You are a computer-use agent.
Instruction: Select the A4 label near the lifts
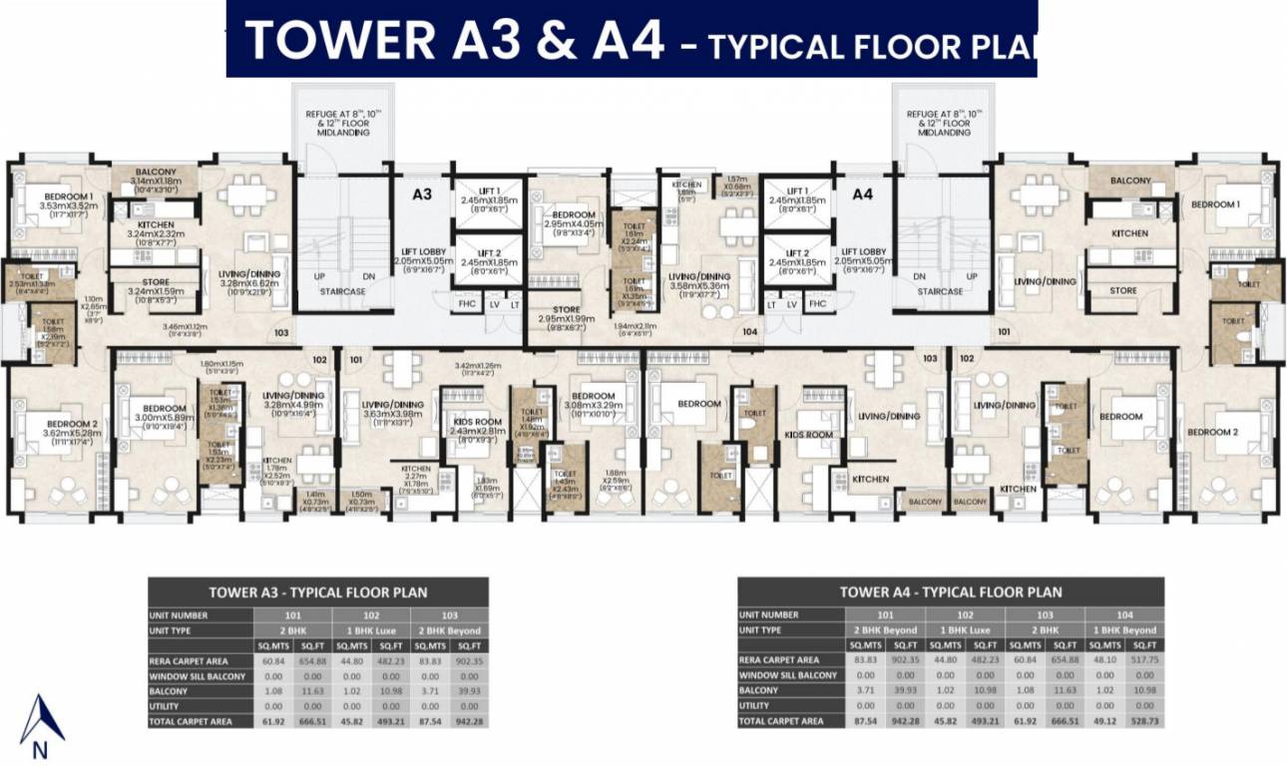[863, 194]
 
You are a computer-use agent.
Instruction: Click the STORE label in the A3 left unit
[156, 282]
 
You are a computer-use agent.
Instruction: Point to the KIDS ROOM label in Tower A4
[808, 436]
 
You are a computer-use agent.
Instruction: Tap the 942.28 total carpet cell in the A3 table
[469, 721]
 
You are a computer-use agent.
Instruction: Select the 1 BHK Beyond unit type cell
[1124, 630]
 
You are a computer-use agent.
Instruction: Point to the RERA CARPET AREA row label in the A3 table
[189, 660]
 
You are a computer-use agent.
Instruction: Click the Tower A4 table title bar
[950, 591]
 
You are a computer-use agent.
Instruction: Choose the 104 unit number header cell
[1124, 615]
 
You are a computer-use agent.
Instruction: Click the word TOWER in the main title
[339, 42]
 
